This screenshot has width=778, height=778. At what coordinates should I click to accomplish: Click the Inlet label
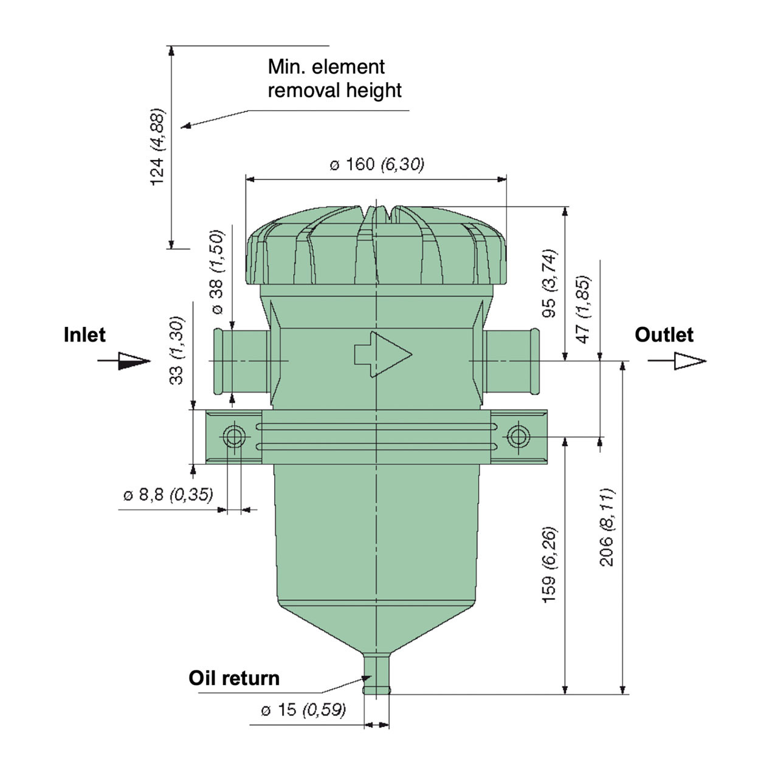pyautogui.click(x=84, y=335)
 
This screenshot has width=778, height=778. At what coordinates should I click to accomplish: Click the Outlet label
pyautogui.click(x=664, y=335)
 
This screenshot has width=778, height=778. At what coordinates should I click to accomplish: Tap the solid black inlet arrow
pyautogui.click(x=131, y=361)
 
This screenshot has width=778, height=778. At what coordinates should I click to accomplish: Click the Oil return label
pyautogui.click(x=234, y=678)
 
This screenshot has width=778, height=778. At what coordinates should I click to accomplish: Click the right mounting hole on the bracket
pyautogui.click(x=518, y=436)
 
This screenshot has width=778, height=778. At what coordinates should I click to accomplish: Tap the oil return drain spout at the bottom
pyautogui.click(x=377, y=674)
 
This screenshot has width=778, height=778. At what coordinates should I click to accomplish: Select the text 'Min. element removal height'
pyautogui.click(x=334, y=78)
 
